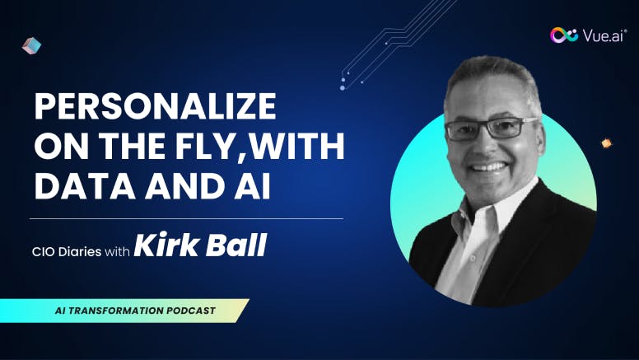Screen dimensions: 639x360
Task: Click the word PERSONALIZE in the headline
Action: (156, 106)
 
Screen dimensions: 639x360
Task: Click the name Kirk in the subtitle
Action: (166, 245)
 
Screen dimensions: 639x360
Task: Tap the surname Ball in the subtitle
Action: (236, 245)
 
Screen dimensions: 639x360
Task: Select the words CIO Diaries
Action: (67, 251)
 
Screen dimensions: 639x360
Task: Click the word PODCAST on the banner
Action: (191, 311)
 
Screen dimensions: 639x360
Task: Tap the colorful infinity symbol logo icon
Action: (564, 35)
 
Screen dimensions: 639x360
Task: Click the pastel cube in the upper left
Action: (31, 45)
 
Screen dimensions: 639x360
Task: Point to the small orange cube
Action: (606, 143)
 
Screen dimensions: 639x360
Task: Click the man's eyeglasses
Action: (491, 129)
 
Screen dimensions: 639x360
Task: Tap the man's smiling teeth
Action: (488, 166)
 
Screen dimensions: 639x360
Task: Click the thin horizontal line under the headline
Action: (187, 219)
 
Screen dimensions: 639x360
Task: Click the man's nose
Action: (483, 146)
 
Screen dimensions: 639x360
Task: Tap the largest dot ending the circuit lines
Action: (343, 87)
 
